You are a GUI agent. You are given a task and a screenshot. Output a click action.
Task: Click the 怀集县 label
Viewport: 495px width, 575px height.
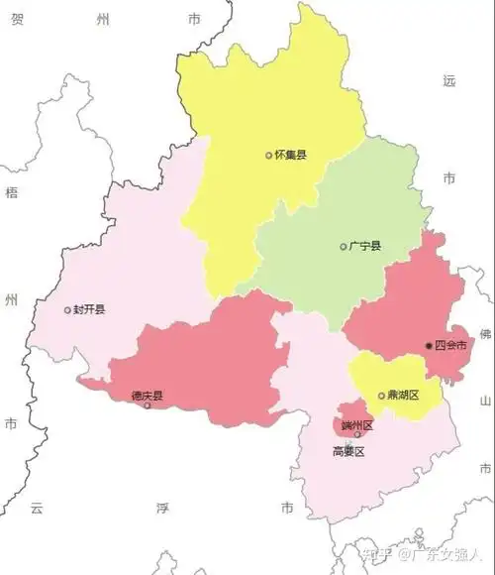pos(290,155)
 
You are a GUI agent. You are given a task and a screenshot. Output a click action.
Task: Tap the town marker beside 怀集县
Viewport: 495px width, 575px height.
pos(268,155)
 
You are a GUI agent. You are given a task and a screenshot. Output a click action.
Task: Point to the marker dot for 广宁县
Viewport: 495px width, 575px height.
pos(344,247)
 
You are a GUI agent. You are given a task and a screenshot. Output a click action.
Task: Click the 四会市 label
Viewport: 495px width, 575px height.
pos(451,345)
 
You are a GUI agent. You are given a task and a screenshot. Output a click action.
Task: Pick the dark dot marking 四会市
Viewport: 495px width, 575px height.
pos(429,345)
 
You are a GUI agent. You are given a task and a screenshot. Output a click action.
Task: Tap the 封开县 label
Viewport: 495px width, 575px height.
pos(89,309)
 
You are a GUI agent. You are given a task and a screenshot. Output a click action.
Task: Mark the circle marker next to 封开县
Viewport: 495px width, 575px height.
pos(67,310)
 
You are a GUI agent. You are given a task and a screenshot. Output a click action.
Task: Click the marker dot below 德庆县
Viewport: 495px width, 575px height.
pos(148,405)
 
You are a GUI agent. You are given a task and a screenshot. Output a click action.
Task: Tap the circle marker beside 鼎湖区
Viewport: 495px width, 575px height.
pos(382,397)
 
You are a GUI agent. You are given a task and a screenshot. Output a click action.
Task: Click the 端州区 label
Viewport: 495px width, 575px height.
pos(355,424)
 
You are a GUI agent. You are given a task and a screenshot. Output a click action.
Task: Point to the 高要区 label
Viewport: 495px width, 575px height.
pos(348,451)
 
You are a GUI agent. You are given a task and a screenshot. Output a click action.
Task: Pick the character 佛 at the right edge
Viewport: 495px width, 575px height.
pos(485,334)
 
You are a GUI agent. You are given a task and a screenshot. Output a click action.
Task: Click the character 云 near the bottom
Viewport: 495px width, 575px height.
pos(37,508)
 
